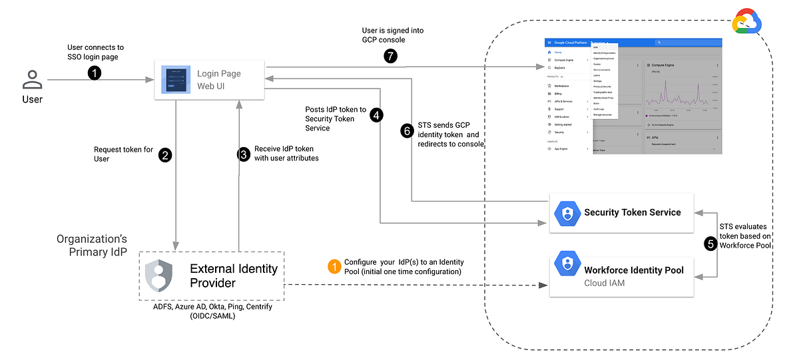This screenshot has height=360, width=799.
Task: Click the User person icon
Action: (x=31, y=81)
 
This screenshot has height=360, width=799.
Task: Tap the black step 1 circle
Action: (x=95, y=73)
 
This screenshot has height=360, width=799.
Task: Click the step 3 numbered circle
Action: (x=244, y=154)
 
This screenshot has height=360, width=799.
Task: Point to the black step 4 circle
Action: (x=377, y=115)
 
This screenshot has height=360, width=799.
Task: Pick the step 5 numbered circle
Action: (x=711, y=244)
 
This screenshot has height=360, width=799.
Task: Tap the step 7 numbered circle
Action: (x=391, y=57)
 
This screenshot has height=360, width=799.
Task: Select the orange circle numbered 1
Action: (x=334, y=266)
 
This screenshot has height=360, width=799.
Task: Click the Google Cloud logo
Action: (x=747, y=23)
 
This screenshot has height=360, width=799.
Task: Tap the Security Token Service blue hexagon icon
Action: (x=567, y=213)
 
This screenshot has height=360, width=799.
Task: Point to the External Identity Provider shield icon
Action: (x=159, y=275)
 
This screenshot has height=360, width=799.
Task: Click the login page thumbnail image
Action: (x=176, y=80)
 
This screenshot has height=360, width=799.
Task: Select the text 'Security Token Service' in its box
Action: (x=632, y=213)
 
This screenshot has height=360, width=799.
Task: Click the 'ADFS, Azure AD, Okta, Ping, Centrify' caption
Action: (x=212, y=307)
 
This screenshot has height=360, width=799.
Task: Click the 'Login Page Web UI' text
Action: (x=218, y=80)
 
